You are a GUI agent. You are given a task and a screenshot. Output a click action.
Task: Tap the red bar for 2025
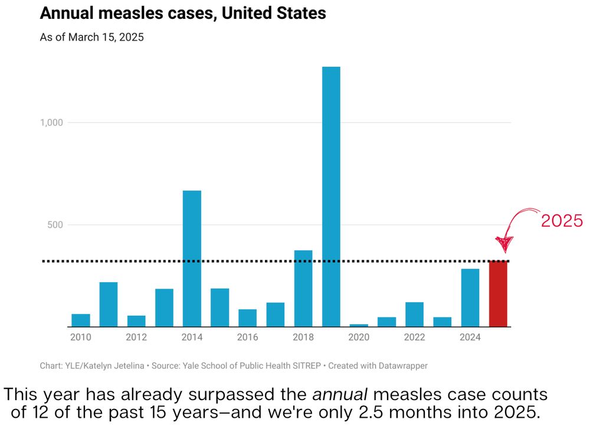(498, 294)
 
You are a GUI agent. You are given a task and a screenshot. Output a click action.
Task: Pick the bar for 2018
(303, 289)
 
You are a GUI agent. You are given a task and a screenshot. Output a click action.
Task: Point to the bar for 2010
(81, 320)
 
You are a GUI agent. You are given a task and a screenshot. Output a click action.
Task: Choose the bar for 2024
(470, 297)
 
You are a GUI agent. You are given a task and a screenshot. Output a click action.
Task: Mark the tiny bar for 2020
(359, 325)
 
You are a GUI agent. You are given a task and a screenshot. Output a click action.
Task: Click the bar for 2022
(415, 315)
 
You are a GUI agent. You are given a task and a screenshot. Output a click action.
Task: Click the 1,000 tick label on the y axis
(51, 123)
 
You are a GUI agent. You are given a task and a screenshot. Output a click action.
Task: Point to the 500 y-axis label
(55, 225)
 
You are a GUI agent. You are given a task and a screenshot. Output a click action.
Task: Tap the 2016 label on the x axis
(248, 338)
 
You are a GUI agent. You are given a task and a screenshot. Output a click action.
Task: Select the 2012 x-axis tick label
(136, 338)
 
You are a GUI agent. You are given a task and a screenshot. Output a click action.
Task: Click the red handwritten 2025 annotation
(562, 221)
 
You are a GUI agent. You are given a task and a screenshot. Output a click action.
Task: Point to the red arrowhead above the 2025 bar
(504, 244)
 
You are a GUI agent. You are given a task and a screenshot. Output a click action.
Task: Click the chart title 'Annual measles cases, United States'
(183, 13)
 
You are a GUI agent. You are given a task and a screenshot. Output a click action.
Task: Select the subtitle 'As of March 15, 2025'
(92, 37)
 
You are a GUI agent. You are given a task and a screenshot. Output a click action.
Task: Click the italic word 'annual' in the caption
(340, 394)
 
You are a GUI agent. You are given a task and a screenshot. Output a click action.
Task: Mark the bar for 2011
(109, 304)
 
